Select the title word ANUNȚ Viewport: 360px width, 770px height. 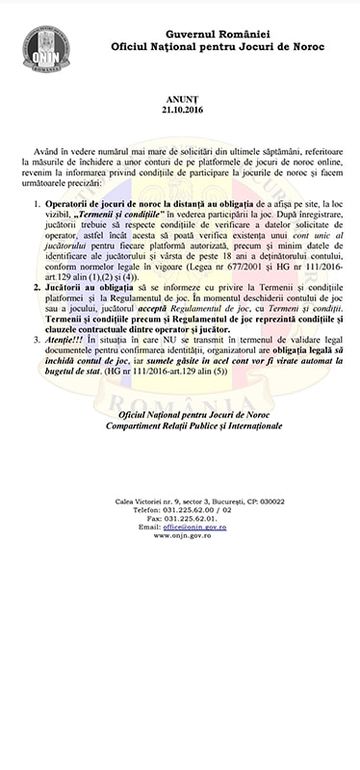coord(179,98)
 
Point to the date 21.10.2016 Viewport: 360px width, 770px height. coord(179,110)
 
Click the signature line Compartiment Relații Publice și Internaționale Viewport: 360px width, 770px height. coord(181,423)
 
